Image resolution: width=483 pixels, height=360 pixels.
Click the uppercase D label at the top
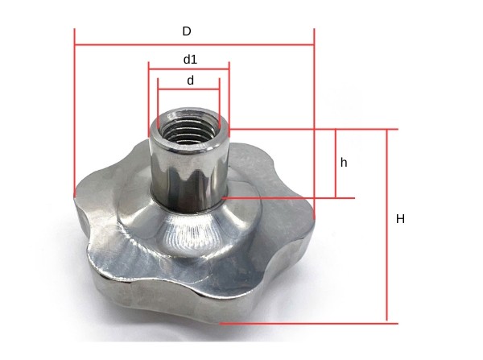(x=187, y=31)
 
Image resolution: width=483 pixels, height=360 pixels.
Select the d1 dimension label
(x=190, y=60)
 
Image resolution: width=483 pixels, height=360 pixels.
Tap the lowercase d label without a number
(x=190, y=81)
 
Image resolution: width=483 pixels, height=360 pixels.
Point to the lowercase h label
(x=344, y=162)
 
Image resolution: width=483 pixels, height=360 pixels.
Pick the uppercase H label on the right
(x=400, y=219)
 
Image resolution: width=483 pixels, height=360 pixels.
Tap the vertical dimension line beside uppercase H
(x=387, y=242)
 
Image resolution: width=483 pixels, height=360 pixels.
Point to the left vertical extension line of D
(x=74, y=113)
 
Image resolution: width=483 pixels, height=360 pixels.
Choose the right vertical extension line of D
(x=314, y=121)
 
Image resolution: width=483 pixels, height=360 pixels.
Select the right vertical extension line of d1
(x=229, y=97)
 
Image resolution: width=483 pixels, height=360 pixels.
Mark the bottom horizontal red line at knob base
(x=322, y=323)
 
